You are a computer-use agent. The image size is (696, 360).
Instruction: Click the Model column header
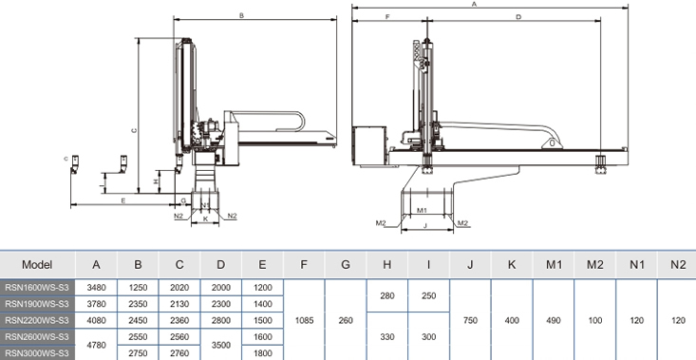[x=37, y=265]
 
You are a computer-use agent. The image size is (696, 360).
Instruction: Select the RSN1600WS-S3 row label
[x=37, y=288]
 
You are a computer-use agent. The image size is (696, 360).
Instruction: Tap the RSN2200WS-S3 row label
[x=37, y=320]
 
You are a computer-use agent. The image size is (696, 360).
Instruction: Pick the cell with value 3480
[x=96, y=288]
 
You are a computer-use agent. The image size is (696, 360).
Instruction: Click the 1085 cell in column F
[x=304, y=320]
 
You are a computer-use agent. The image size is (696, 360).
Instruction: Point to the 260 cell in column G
[x=346, y=320]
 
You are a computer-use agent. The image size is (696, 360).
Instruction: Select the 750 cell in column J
[x=471, y=320]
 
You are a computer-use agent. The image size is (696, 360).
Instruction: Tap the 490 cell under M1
[x=554, y=320]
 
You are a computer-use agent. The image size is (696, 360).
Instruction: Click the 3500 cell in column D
[x=221, y=345]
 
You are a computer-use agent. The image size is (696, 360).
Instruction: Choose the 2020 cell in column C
[x=179, y=288]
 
